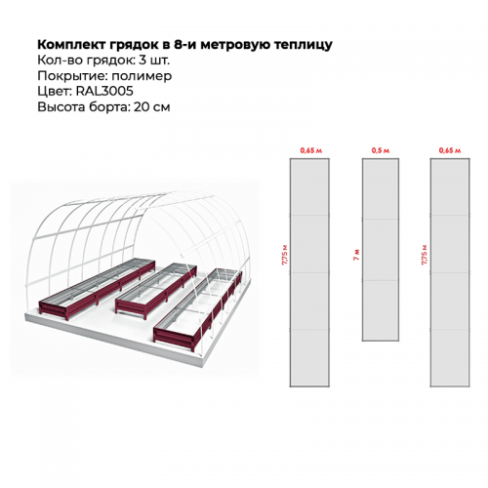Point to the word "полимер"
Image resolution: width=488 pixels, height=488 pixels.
click(142, 76)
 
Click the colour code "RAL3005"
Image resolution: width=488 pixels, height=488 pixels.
click(104, 91)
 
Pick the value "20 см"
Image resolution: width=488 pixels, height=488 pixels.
click(151, 106)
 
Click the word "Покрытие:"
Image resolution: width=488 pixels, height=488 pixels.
click(72, 76)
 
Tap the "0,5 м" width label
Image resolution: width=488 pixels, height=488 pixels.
click(381, 150)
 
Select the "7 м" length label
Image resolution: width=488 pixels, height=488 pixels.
click(356, 255)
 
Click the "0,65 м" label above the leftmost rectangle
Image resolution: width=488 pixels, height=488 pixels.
click(310, 150)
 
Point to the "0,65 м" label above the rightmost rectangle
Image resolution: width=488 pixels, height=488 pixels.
click(450, 150)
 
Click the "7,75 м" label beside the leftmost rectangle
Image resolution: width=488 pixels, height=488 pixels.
click(285, 254)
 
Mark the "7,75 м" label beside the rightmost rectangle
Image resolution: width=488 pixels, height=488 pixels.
click(425, 254)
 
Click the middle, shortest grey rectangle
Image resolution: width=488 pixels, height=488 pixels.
click(381, 250)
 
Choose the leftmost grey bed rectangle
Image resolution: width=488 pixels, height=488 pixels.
click(309, 272)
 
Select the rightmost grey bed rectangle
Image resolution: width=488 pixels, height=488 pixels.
click(450, 272)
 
